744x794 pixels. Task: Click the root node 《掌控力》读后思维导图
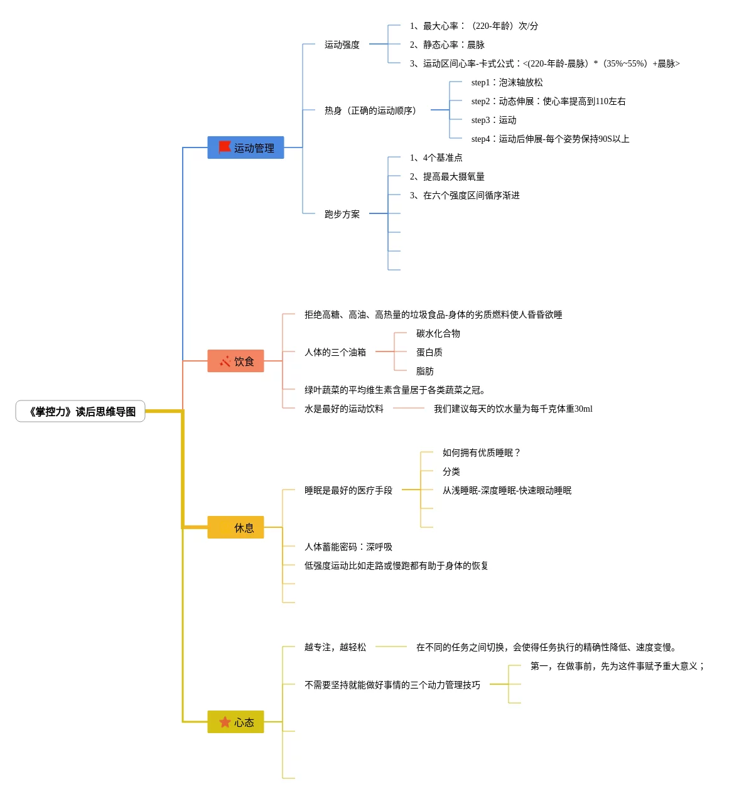click(x=80, y=412)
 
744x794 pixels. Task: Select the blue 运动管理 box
click(x=245, y=148)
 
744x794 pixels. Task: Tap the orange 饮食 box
click(x=235, y=361)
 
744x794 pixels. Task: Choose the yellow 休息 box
click(x=235, y=527)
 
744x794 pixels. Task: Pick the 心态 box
click(x=235, y=722)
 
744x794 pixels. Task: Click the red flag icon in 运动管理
click(x=225, y=147)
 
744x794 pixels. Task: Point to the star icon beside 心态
click(x=225, y=722)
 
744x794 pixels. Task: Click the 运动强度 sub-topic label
click(x=342, y=45)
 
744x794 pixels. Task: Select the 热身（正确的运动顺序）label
click(x=370, y=110)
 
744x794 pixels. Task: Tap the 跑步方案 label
click(x=342, y=214)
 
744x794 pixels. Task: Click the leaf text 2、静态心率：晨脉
click(x=447, y=45)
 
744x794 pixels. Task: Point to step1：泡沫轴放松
click(x=507, y=82)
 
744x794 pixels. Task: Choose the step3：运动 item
click(x=493, y=120)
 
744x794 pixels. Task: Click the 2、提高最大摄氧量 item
click(x=447, y=176)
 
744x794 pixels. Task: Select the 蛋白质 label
click(x=429, y=352)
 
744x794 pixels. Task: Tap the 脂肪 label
click(x=425, y=371)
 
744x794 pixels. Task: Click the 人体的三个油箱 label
click(x=335, y=352)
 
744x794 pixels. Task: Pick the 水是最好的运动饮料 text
click(x=344, y=409)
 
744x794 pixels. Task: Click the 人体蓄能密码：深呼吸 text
click(x=348, y=547)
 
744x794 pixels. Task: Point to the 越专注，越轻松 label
click(x=335, y=647)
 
